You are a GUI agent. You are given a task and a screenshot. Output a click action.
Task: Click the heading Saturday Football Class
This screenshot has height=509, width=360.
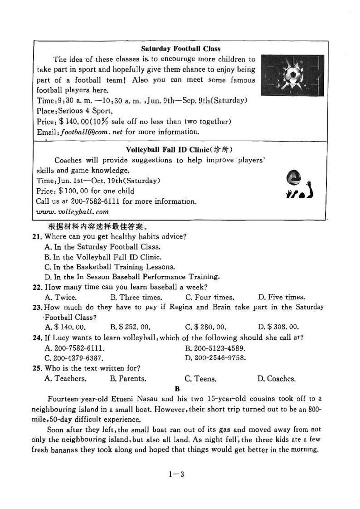pos(180,49)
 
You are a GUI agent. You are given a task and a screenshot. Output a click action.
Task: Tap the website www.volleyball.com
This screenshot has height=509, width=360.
pos(73,211)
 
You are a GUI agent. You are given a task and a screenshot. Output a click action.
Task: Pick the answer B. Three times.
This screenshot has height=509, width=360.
pos(136,298)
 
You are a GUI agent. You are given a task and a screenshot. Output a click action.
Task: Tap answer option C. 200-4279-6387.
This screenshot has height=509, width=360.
pos(74,358)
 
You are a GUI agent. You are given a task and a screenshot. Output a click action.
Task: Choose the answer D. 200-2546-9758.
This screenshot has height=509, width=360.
pos(215,358)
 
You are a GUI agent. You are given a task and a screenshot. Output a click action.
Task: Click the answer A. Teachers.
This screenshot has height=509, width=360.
pos(66,378)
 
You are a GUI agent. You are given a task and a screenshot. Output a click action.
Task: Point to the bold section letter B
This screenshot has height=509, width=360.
pos(177,389)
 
